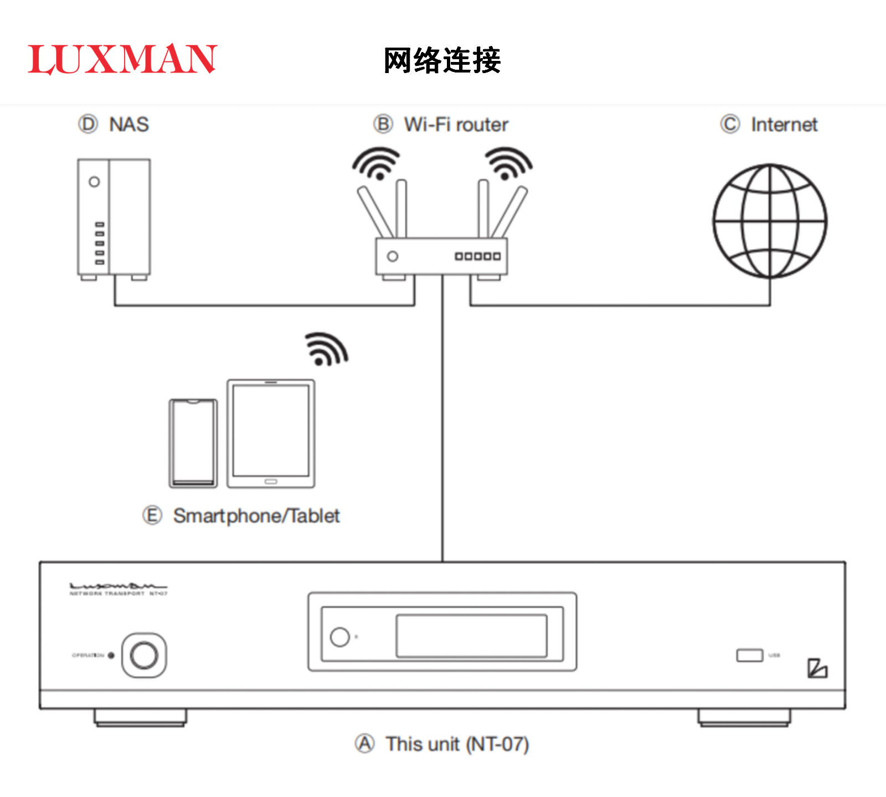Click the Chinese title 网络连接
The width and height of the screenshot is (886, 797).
coord(442,60)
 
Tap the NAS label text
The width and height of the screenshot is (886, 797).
coord(129,125)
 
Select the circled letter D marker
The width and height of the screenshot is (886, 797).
coord(88,124)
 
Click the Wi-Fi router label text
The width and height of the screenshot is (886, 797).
coord(456,125)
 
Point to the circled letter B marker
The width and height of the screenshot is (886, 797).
coord(383,124)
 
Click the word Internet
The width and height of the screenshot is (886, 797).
coord(784,125)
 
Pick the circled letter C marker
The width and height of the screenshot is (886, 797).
coord(730,124)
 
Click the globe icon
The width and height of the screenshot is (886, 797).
coord(770,221)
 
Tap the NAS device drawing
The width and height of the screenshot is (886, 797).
coord(114,218)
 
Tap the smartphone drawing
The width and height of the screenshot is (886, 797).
coord(193,443)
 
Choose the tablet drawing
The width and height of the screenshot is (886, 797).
coord(271,433)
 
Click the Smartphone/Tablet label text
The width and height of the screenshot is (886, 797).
coord(256,516)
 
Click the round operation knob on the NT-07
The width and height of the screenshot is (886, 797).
coord(144,655)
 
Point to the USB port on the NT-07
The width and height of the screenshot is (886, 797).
coord(749,655)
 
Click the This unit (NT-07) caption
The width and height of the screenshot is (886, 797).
coord(457,744)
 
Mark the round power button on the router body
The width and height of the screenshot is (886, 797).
coord(393,256)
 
